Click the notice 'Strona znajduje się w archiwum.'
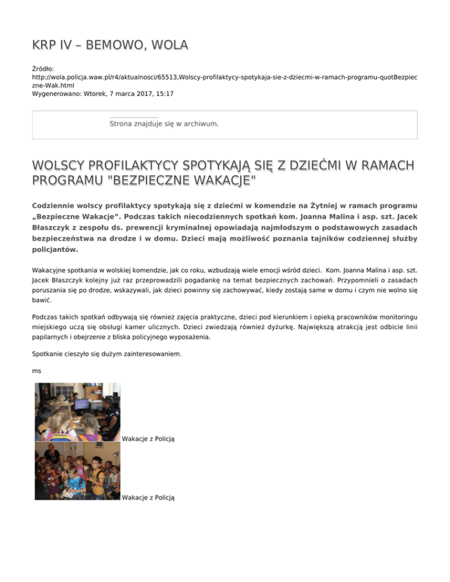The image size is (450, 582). tap(164, 124)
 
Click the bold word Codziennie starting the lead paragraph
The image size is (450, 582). tap(59, 207)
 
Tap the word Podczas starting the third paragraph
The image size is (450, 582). tap(47, 316)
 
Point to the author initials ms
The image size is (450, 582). tap(36, 371)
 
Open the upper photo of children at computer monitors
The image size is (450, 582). tap(77, 412)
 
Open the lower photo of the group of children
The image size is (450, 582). tap(77, 471)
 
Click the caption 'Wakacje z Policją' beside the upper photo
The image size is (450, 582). tap(149, 439)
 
